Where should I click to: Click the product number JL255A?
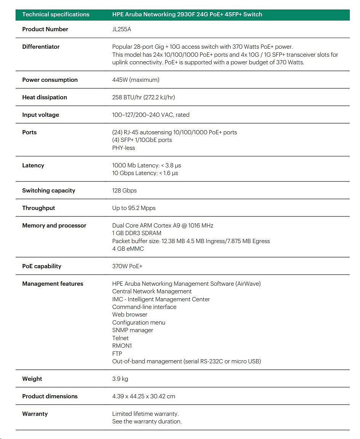pyautogui.click(x=121, y=29)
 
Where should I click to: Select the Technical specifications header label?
pyautogui.click(x=56, y=14)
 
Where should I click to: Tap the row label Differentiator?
pyautogui.click(x=41, y=47)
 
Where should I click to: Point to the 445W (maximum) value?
pyautogui.click(x=135, y=80)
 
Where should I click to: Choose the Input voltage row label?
pyautogui.click(x=40, y=115)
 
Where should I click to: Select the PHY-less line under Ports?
pyautogui.click(x=123, y=148)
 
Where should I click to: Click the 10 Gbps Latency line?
pyautogui.click(x=145, y=173)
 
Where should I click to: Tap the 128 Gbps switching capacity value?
pyautogui.click(x=124, y=191)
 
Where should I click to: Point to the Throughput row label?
pyautogui.click(x=38, y=208)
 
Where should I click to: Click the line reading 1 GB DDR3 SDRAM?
pyautogui.click(x=137, y=233)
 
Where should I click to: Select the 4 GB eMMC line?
pyautogui.click(x=128, y=249)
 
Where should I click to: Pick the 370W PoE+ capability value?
pyautogui.click(x=127, y=266)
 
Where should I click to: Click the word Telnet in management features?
pyautogui.click(x=120, y=338)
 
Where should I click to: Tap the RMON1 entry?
pyautogui.click(x=122, y=346)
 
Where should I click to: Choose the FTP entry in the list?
pyautogui.click(x=117, y=354)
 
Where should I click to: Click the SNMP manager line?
pyautogui.click(x=132, y=330)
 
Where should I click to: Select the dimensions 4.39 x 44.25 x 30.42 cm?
pyautogui.click(x=143, y=396)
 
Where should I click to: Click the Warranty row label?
pyautogui.click(x=35, y=414)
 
